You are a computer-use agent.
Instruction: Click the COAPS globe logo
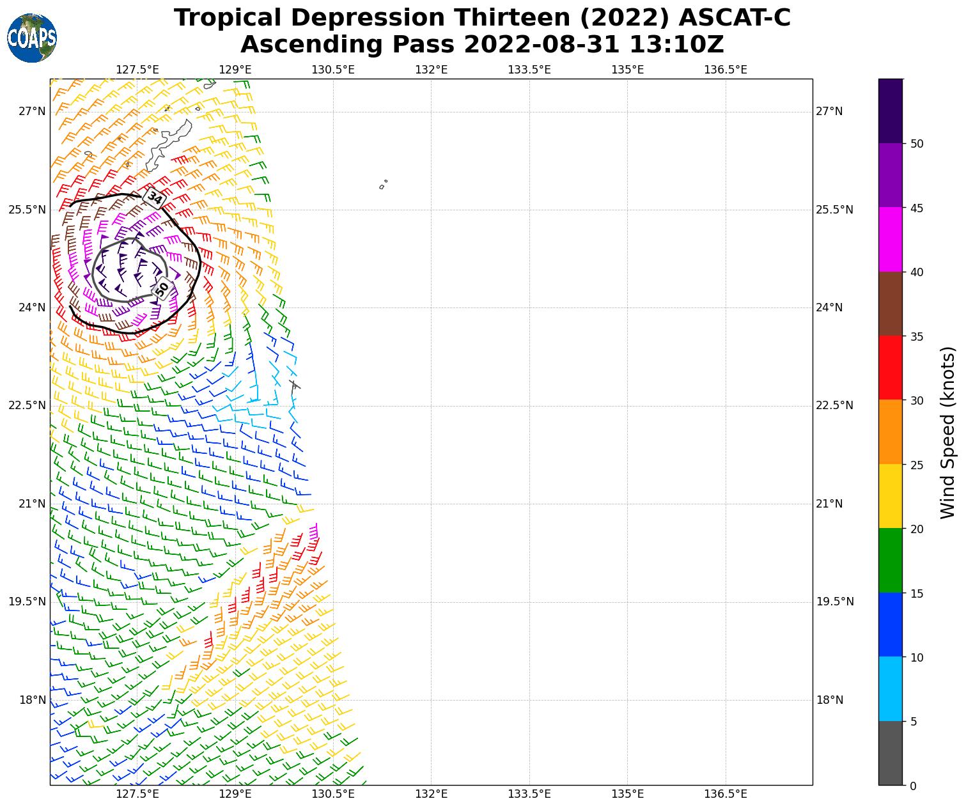coord(31,38)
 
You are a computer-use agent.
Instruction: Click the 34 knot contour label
coord(155,198)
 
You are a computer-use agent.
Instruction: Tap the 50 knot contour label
coord(162,288)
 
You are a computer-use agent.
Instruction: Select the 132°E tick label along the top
coord(431,69)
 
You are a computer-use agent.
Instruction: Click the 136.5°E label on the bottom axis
coord(726,795)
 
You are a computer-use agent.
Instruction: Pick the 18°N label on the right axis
coord(830,700)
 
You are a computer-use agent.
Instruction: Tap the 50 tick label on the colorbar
coord(917,144)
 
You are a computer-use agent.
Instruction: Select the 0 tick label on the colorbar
coord(913,786)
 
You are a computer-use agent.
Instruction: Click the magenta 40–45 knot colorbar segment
coord(890,240)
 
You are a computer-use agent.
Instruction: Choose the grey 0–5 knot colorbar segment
coord(890,753)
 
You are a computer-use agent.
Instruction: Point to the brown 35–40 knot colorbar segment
coord(890,304)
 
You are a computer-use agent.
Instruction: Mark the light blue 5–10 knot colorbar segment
coord(890,689)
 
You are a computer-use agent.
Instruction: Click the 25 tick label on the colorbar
coord(917,465)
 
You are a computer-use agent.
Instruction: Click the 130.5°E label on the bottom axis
coord(333,795)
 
